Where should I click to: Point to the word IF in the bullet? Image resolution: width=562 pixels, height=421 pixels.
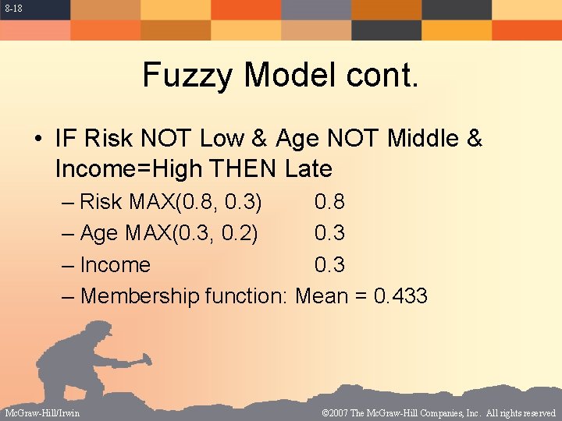click(64, 140)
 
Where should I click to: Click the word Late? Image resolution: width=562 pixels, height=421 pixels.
click(309, 168)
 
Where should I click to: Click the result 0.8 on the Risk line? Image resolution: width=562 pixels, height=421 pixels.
click(329, 203)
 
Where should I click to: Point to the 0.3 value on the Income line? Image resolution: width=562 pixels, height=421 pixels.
click(329, 265)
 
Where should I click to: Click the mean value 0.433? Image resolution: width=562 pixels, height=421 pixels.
click(400, 296)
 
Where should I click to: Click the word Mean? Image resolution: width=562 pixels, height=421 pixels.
click(322, 296)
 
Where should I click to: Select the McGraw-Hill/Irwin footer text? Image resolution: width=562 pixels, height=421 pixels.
click(41, 412)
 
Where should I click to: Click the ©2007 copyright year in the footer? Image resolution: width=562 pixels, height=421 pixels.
click(338, 412)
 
